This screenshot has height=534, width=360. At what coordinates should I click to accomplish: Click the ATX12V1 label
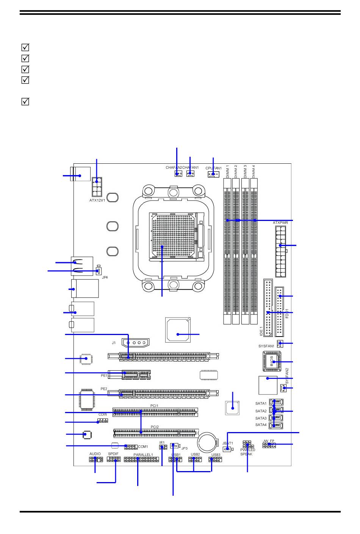click(97, 200)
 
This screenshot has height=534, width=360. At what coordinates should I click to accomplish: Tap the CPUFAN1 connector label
click(213, 168)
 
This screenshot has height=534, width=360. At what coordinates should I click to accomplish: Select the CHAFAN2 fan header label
click(174, 168)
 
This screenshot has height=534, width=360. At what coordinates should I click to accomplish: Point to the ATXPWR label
click(280, 223)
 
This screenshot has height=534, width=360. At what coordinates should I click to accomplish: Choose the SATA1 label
click(261, 404)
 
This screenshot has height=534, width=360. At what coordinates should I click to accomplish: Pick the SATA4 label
click(261, 425)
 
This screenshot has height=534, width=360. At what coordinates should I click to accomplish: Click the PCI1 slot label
click(154, 406)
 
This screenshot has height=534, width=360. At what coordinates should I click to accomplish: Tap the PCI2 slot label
click(155, 427)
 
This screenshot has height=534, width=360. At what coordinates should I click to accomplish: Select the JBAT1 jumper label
click(227, 443)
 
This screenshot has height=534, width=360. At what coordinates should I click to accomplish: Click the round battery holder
click(208, 442)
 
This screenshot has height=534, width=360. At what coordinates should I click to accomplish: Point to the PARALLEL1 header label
click(143, 455)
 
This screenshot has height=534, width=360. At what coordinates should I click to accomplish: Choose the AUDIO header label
click(95, 454)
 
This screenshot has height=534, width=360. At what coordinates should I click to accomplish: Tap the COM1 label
click(143, 447)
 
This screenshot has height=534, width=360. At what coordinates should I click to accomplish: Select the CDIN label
click(103, 415)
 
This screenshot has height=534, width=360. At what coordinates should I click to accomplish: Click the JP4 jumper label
click(105, 277)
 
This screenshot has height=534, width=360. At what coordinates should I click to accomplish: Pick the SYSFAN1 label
click(266, 346)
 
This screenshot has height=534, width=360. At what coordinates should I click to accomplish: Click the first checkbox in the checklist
click(25, 48)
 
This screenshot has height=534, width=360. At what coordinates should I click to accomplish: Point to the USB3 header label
click(216, 454)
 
